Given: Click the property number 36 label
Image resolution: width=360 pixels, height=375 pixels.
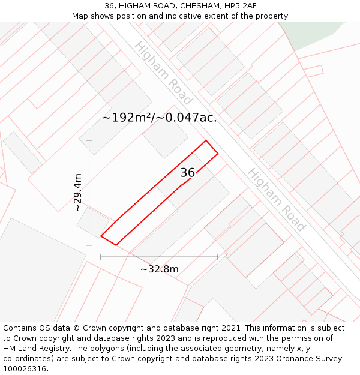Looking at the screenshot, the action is pyautogui.click(x=187, y=173).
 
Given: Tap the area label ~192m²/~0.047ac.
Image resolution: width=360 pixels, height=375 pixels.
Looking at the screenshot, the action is pyautogui.click(x=159, y=118).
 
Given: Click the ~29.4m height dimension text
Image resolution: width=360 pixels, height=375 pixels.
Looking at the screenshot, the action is pyautogui.click(x=77, y=192).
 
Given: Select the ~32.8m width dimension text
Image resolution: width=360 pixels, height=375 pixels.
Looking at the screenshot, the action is pyautogui.click(x=159, y=269).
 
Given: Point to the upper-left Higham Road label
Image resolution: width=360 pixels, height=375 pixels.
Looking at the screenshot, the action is pyautogui.click(x=163, y=73).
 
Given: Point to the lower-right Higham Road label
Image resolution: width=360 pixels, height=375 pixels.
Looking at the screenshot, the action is pyautogui.click(x=276, y=200).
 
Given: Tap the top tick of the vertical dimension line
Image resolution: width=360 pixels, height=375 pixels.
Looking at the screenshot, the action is pyautogui.click(x=89, y=140).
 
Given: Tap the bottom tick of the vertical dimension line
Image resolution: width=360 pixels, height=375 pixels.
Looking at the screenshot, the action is pyautogui.click(x=89, y=245).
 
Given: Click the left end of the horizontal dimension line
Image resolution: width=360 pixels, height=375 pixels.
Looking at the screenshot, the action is pyautogui.click(x=101, y=257).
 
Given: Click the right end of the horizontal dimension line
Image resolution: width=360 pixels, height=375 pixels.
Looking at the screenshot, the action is pyautogui.click(x=218, y=257).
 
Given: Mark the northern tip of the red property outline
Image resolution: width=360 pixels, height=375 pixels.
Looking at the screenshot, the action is pyautogui.click(x=206, y=141).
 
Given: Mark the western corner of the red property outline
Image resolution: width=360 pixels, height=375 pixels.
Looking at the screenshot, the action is pyautogui.click(x=101, y=236).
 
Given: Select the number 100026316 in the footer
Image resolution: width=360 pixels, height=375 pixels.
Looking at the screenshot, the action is pyautogui.click(x=25, y=369).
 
